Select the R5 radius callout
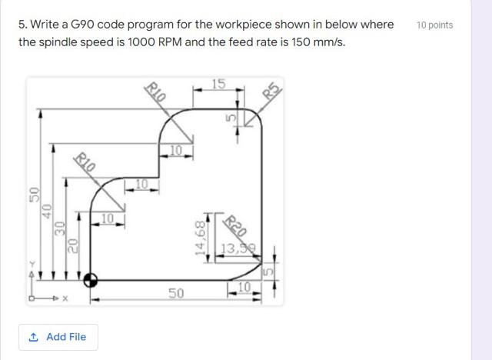pos(269,91)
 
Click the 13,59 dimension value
pos(239,248)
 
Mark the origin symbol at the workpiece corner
pos(91,280)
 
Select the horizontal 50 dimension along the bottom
pos(176,293)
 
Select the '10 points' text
pos(434,25)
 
